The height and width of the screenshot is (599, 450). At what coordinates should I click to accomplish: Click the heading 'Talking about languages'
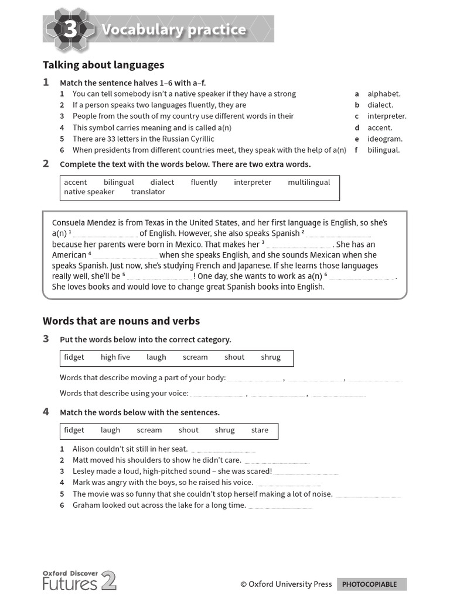(x=103, y=65)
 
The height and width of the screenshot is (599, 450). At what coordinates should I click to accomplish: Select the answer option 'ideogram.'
(x=384, y=139)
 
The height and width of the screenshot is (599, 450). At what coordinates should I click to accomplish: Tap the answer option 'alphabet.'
(x=384, y=94)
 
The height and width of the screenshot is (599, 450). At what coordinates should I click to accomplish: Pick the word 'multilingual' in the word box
(x=309, y=183)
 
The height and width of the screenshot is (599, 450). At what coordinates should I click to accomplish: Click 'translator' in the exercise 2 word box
(x=148, y=192)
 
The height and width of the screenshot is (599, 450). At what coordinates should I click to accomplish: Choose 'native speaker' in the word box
(x=89, y=192)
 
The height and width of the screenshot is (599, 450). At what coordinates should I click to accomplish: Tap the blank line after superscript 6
(x=362, y=277)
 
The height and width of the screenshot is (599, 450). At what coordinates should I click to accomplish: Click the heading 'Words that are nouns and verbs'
(x=121, y=321)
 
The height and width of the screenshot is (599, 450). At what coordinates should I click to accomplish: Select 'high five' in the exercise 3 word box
(x=115, y=357)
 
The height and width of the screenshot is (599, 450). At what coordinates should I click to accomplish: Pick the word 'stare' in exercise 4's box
(x=260, y=430)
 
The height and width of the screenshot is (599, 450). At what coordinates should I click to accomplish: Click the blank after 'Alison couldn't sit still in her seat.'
(x=223, y=450)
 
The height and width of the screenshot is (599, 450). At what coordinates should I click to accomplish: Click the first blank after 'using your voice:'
(x=217, y=394)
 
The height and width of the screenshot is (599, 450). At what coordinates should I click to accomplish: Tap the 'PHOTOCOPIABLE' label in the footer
(x=369, y=584)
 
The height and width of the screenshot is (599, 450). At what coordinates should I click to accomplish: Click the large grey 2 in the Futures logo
(x=109, y=581)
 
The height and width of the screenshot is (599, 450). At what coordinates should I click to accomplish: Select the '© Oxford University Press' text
(x=286, y=584)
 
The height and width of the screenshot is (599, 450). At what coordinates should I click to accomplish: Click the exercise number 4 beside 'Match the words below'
(x=46, y=412)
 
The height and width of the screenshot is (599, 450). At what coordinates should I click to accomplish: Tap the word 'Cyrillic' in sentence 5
(x=199, y=139)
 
